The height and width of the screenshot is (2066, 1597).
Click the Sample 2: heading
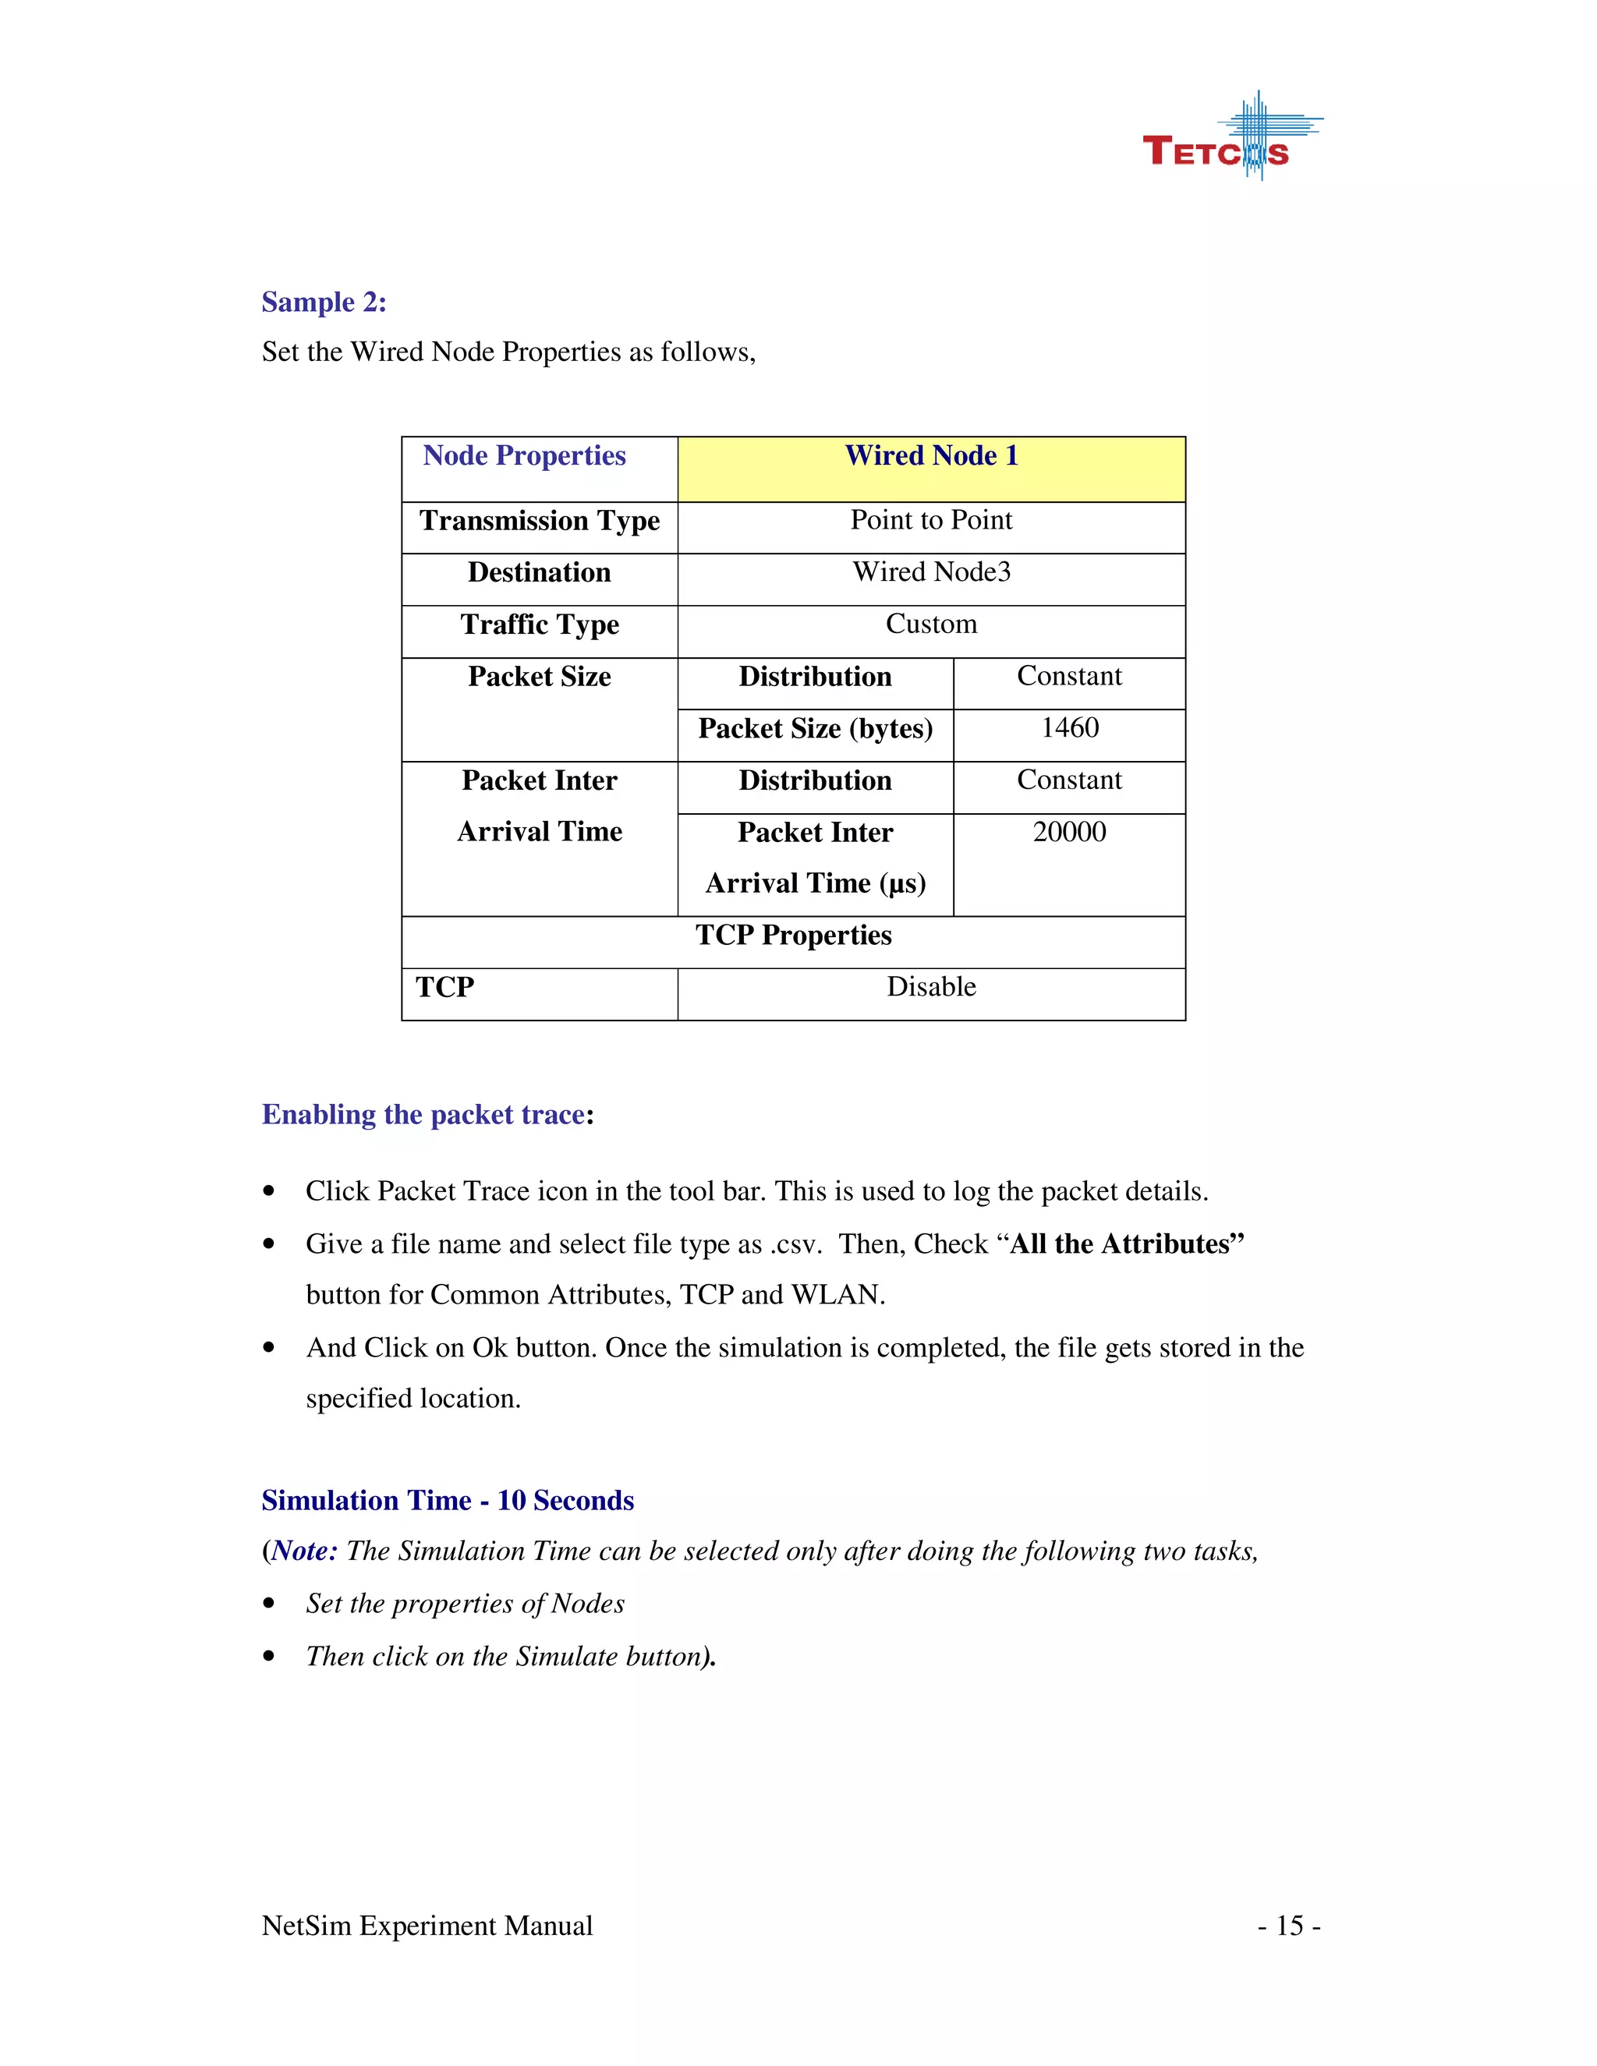click(x=324, y=302)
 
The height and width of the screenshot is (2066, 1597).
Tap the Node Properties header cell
click(x=524, y=457)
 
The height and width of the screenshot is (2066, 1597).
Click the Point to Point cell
click(x=931, y=520)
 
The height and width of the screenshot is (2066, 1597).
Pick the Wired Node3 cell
click(x=931, y=572)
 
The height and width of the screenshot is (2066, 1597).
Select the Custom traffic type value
click(x=931, y=624)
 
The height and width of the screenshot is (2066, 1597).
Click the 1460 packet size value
click(x=1069, y=728)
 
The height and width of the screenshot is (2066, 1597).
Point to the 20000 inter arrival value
click(x=1069, y=833)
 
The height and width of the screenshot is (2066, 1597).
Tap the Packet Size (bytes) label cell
click(x=815, y=728)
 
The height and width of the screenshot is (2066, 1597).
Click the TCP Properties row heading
click(x=793, y=936)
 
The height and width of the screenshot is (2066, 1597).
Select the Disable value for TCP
click(x=931, y=988)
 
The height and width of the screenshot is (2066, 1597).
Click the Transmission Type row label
click(x=540, y=522)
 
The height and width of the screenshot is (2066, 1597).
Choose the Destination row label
click(x=540, y=573)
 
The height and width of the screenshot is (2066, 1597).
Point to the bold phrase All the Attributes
click(x=1126, y=1244)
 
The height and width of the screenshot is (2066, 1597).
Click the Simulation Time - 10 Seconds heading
click(x=448, y=1502)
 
